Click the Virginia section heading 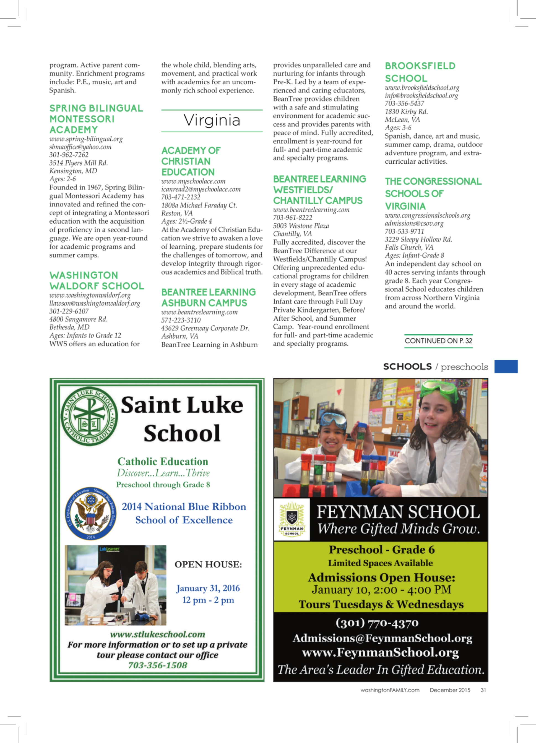212,120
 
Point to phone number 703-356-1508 157,665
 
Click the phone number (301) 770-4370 377,623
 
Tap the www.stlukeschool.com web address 157,634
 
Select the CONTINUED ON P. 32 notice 438,341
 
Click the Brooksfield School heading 420,72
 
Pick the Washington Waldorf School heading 96,281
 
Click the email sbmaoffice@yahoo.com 80,147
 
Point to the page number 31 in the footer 483,690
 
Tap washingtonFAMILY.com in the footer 390,690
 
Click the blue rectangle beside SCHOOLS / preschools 506,366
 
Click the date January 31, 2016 208,588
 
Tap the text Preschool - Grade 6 382,550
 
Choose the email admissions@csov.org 414,223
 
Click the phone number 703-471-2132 181,197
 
